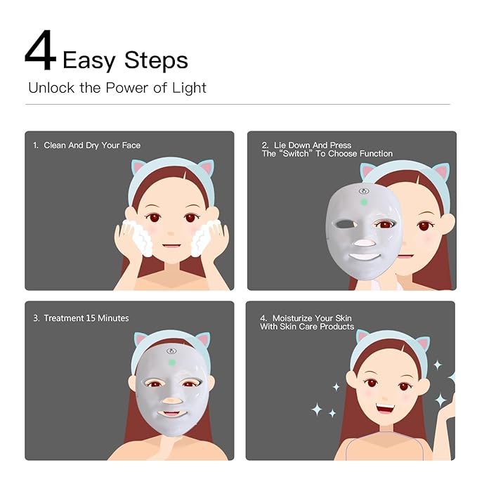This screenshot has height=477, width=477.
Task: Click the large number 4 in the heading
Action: pyautogui.click(x=41, y=51)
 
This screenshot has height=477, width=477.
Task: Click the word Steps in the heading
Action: pyautogui.click(x=156, y=60)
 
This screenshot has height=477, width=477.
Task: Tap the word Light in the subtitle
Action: pyautogui.click(x=189, y=89)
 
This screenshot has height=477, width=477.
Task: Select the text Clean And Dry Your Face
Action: pyautogui.click(x=92, y=145)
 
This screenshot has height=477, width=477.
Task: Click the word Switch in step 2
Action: pyautogui.click(x=296, y=154)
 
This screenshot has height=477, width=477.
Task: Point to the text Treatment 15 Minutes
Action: pyautogui.click(x=86, y=318)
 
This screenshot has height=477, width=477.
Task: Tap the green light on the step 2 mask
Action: pyautogui.click(x=363, y=202)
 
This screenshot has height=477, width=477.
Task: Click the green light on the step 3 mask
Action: pyautogui.click(x=172, y=362)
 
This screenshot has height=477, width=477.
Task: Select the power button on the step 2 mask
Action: pyautogui.click(x=364, y=191)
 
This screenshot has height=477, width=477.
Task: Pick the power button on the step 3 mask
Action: pyautogui.click(x=172, y=351)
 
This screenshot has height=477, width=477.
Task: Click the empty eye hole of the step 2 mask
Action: pyautogui.click(x=345, y=225)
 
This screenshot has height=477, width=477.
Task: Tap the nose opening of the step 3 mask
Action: pyautogui.click(x=172, y=400)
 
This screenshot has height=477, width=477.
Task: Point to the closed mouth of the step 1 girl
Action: pyautogui.click(x=171, y=245)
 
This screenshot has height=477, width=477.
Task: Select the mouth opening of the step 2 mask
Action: pyautogui.click(x=365, y=256)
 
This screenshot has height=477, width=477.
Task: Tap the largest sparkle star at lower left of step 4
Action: pyautogui.click(x=317, y=409)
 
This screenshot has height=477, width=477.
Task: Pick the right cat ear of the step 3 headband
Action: pyautogui.click(x=202, y=340)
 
